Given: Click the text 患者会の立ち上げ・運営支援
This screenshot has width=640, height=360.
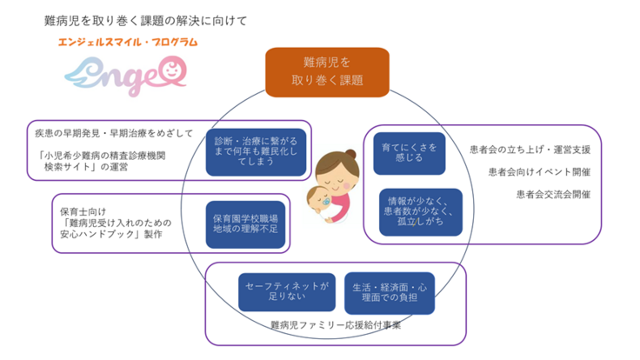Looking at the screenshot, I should [530, 149].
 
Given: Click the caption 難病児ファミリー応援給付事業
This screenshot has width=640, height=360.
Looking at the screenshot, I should [334, 326].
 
